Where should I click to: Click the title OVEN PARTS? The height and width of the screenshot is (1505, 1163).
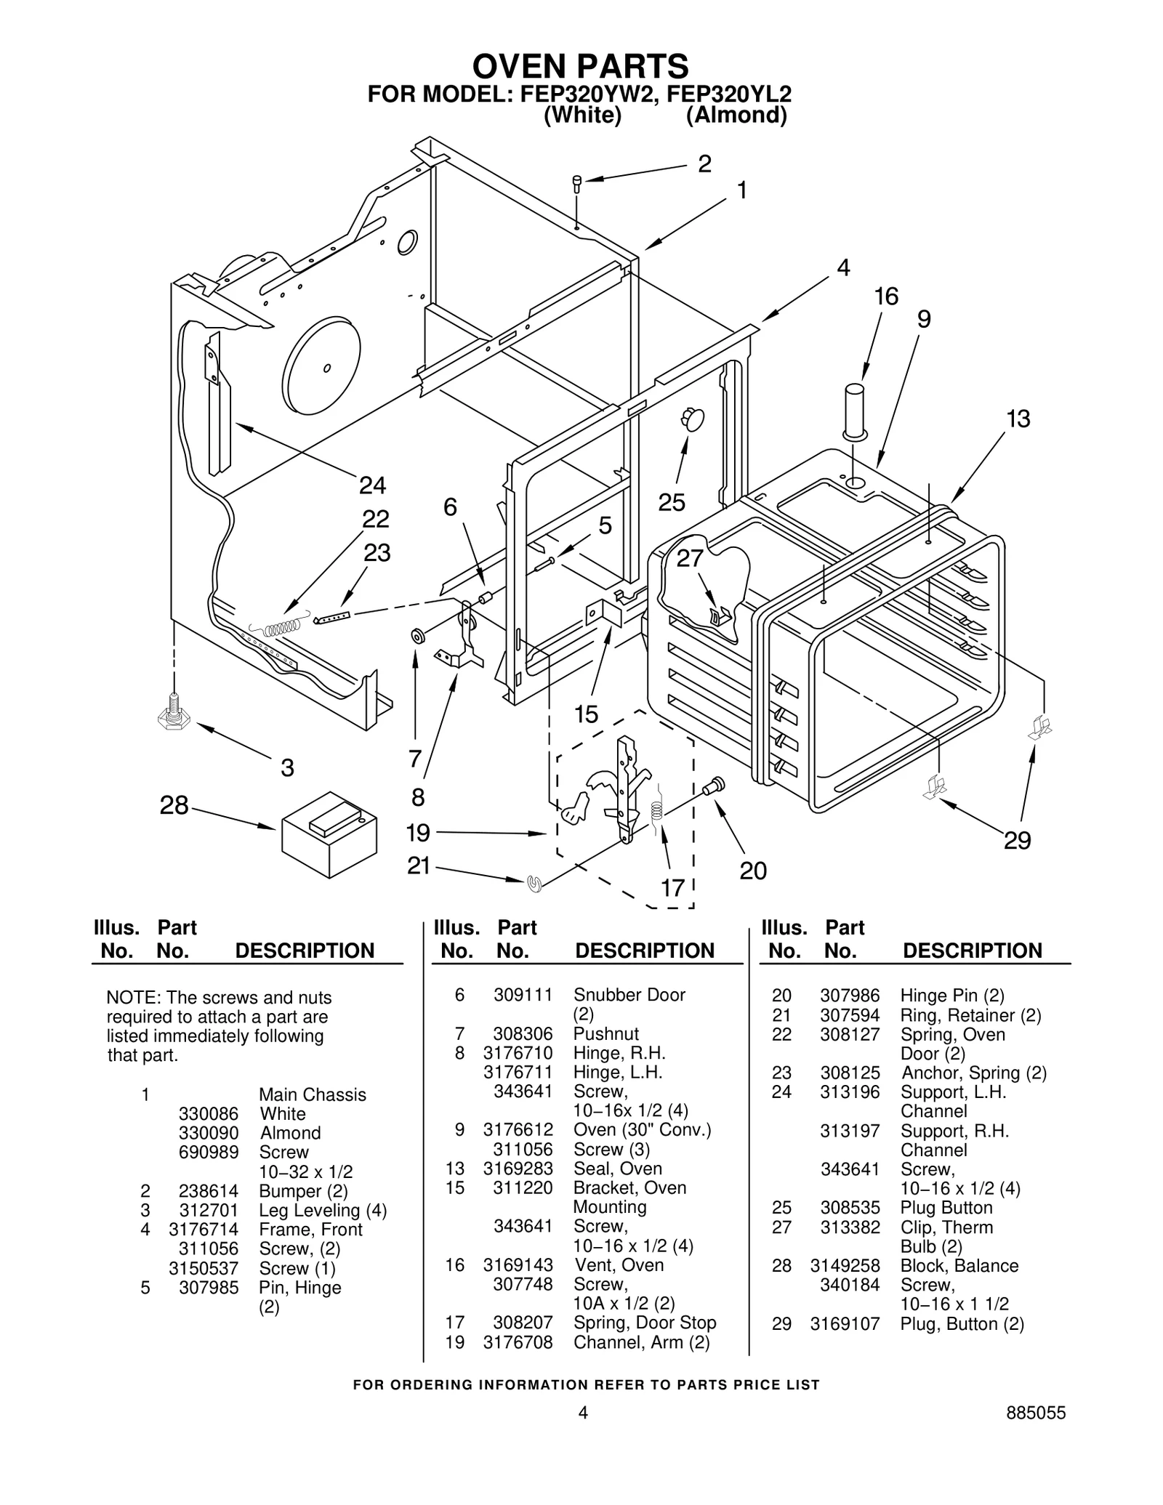pos(580,67)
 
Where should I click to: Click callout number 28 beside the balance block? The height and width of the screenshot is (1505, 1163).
pos(174,805)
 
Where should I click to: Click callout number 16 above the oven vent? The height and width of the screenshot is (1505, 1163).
pos(886,296)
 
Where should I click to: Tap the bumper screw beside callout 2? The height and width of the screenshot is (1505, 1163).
pos(577,182)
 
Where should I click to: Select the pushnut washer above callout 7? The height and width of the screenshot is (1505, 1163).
pos(418,637)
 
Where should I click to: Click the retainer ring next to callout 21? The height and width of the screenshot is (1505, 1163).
pos(536,884)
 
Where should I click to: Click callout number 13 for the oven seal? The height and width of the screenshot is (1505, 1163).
pos(1018,419)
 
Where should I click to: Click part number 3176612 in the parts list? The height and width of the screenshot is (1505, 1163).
pos(518,1130)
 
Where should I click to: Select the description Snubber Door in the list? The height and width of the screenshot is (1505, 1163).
pos(629,995)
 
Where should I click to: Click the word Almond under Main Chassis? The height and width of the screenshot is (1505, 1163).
pos(290,1133)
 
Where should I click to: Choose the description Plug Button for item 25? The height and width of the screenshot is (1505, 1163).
pos(946,1208)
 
